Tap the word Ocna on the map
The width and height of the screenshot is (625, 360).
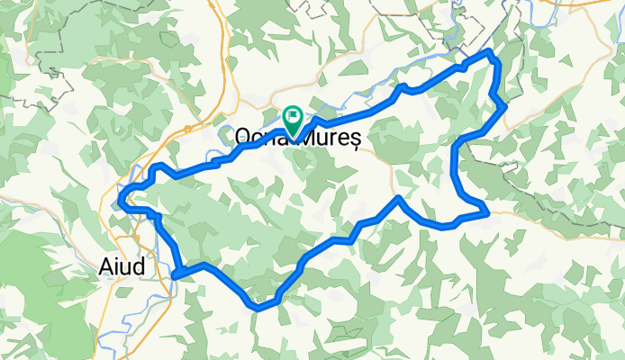pos(256,137)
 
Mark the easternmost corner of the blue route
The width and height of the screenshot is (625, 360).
pos(504,107)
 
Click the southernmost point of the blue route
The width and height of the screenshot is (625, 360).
pos(258,308)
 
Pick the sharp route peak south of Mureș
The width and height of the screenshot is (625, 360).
pos(398,197)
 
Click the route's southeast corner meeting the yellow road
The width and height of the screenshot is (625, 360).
pos(487,213)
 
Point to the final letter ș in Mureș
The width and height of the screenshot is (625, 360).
pos(356,138)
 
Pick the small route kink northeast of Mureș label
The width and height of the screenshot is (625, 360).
pos(404,87)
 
